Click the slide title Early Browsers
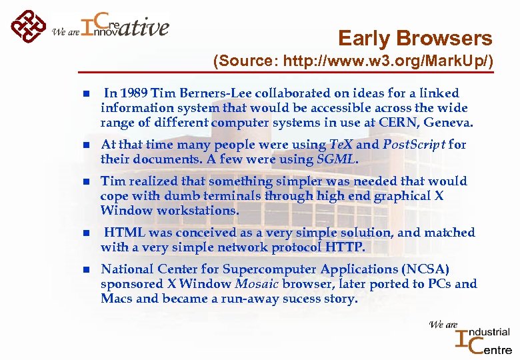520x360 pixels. tap(415, 38)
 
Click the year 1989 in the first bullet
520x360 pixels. tap(135, 93)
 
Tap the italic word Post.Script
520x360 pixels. tap(413, 144)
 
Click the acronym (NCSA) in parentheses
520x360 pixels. tap(425, 269)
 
